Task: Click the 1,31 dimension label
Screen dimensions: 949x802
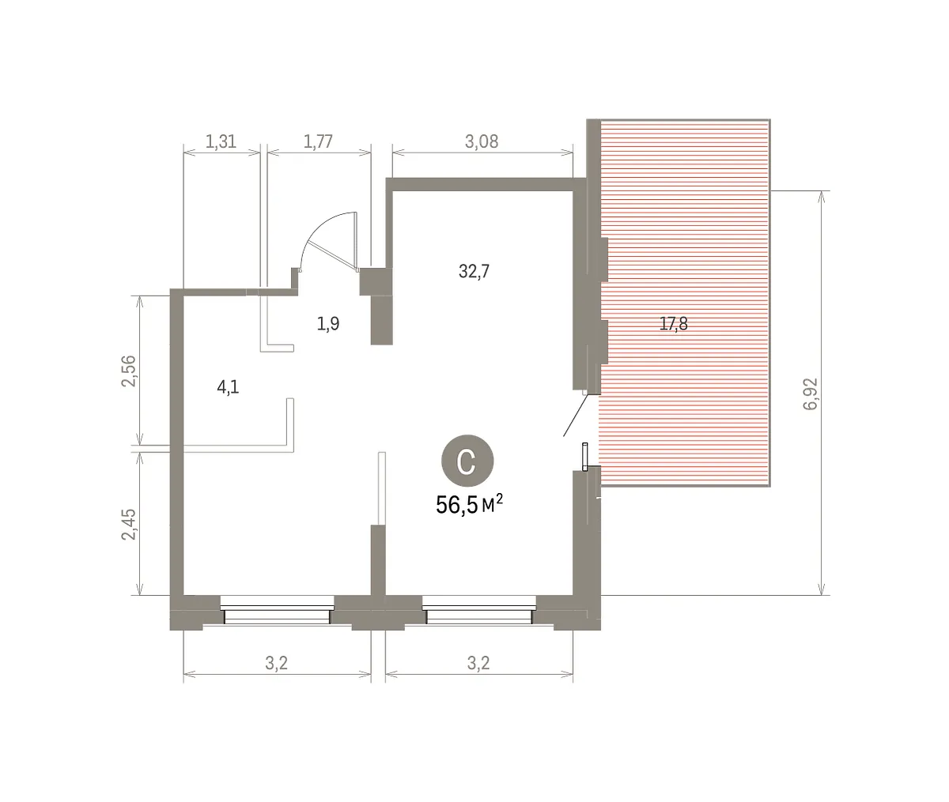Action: (x=221, y=141)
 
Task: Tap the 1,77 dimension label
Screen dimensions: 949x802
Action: (x=318, y=141)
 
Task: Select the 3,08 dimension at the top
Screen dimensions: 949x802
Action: (x=482, y=141)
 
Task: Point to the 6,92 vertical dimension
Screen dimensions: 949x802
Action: (x=811, y=393)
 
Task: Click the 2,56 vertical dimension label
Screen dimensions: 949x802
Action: (x=129, y=371)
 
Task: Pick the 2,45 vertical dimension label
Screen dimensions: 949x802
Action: (x=129, y=524)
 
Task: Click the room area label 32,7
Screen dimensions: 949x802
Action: (x=474, y=271)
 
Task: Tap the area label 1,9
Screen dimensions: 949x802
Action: (x=328, y=324)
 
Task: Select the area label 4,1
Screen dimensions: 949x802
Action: (x=228, y=387)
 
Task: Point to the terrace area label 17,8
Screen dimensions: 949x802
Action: (x=674, y=324)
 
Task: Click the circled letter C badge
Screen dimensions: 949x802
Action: (x=467, y=461)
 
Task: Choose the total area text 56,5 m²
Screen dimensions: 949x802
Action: (x=469, y=505)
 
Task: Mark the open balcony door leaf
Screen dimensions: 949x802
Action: (x=576, y=415)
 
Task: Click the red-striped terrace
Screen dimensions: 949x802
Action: (x=685, y=303)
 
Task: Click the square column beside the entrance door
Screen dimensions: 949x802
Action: (x=376, y=281)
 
